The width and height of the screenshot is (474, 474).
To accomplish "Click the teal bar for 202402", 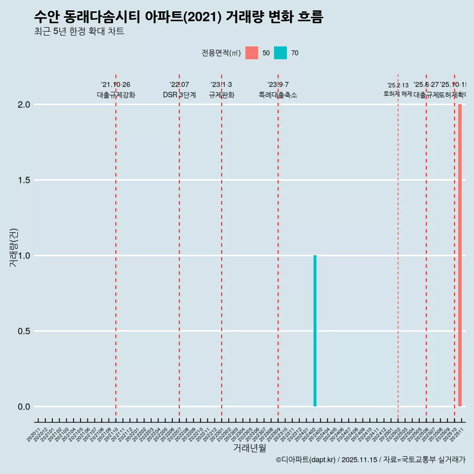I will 315,331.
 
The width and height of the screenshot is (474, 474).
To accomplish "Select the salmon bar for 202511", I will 460,255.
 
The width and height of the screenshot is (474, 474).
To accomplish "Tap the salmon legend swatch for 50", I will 252,53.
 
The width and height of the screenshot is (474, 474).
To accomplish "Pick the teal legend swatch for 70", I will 280,53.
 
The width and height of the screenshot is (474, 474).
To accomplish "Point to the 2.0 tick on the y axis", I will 24,105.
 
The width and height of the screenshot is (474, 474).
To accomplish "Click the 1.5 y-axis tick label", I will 24,180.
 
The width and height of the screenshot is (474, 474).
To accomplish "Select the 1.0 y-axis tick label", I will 24,256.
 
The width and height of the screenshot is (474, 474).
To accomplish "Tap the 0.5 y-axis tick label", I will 24,331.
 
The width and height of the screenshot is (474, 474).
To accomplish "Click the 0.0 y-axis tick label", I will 24,407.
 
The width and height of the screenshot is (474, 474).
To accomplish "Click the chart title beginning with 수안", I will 178,17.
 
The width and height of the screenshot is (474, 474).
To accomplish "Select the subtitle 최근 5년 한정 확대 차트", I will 79,32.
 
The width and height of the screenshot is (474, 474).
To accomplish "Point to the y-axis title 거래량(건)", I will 14,247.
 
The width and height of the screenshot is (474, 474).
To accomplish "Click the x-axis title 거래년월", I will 249,448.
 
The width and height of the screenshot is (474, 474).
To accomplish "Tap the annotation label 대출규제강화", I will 116,95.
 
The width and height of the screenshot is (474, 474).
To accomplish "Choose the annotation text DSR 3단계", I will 179,95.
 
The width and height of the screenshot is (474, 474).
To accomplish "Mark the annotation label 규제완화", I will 221,95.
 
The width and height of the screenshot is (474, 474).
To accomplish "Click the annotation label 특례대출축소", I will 278,95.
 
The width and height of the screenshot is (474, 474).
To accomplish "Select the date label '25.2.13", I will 398,85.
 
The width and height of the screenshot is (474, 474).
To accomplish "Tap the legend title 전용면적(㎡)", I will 221,53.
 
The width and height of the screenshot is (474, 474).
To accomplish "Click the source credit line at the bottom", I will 370,460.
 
